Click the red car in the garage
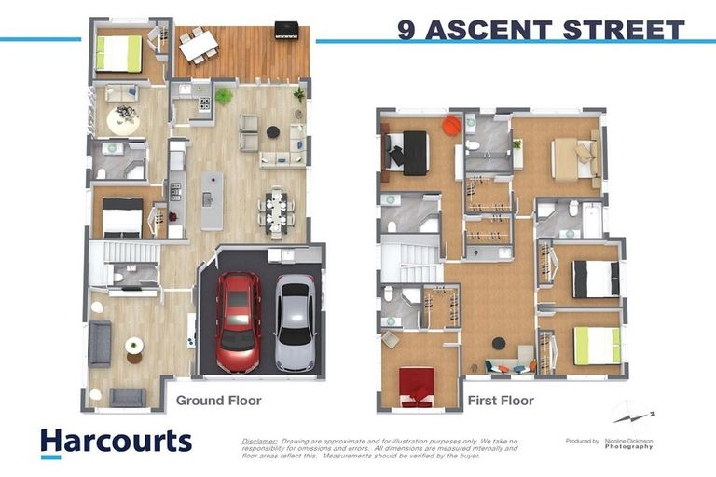point(238,321)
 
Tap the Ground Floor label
point(218,401)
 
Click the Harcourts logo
point(116,442)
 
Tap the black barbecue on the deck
point(286,30)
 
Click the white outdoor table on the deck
point(198,46)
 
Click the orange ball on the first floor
point(451,124)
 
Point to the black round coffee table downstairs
point(273,132)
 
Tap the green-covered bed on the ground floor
point(118,53)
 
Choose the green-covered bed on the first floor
point(597,346)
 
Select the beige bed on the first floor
point(571,157)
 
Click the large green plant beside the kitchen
point(224,96)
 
